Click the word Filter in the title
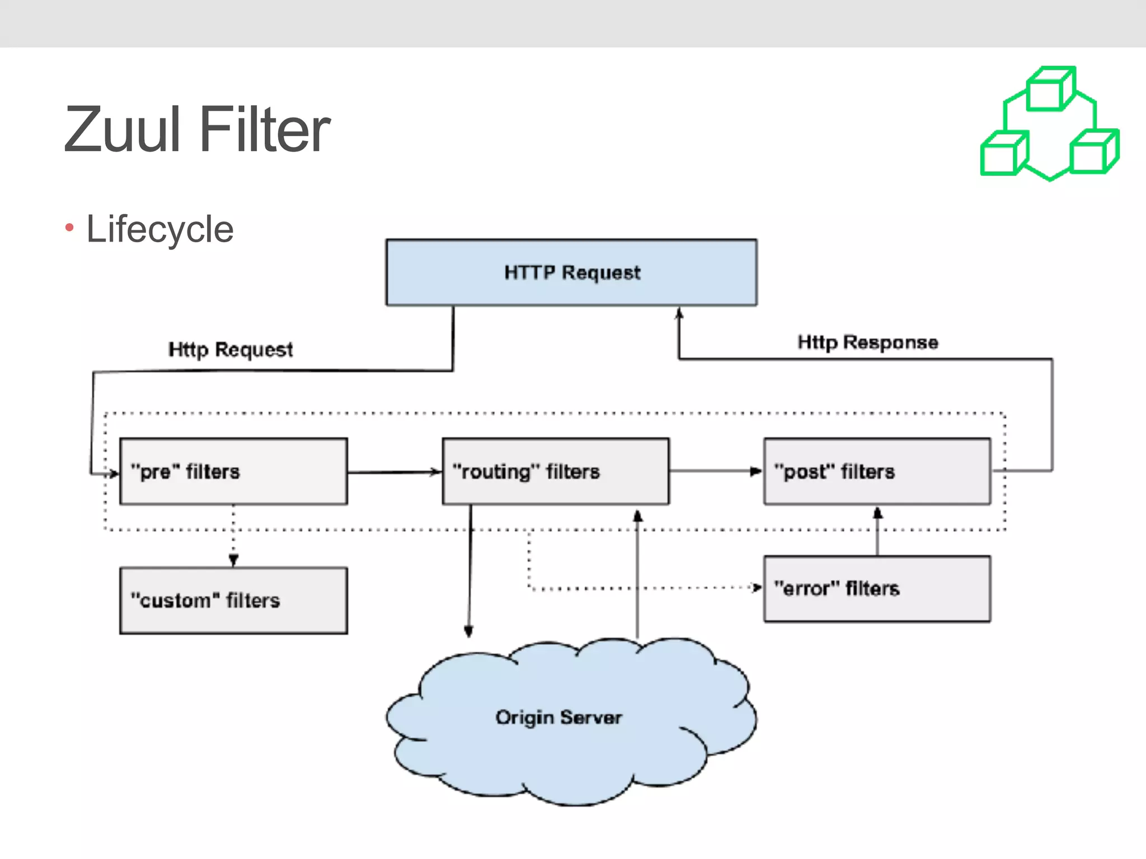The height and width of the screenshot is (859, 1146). [x=265, y=130]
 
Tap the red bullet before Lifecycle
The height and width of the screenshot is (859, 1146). [x=69, y=228]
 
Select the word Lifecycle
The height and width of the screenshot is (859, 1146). [x=160, y=229]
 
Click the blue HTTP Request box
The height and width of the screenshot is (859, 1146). [x=571, y=272]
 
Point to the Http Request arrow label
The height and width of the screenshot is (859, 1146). [x=231, y=350]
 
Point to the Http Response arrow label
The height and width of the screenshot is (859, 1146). [x=867, y=342]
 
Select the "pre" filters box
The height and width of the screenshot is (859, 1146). [x=233, y=471]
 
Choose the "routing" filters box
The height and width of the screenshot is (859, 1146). [x=555, y=471]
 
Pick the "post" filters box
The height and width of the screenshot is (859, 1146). [x=877, y=471]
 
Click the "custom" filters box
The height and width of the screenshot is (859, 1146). [x=233, y=601]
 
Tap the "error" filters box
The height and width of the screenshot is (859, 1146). [x=877, y=589]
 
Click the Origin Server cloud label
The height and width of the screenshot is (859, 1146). [x=558, y=718]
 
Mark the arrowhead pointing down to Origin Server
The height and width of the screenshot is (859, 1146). [x=469, y=631]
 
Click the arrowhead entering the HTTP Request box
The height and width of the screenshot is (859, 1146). [x=679, y=313]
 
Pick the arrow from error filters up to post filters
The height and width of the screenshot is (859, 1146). [x=877, y=531]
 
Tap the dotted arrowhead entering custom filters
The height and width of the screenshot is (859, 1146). [x=234, y=560]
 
